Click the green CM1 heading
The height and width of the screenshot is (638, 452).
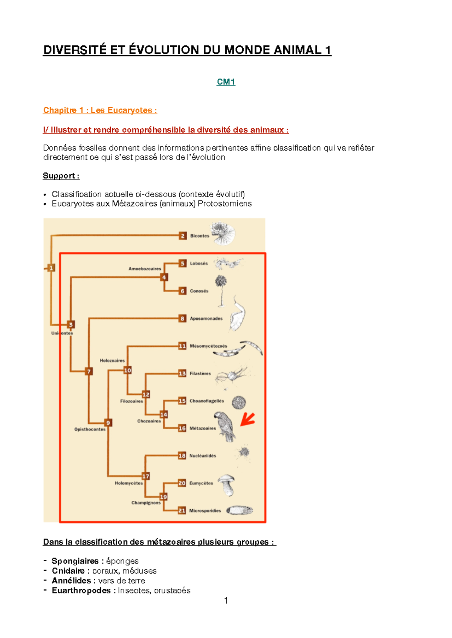tap(226, 82)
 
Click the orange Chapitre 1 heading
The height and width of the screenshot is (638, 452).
tap(100, 110)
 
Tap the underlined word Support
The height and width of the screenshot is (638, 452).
tap(59, 176)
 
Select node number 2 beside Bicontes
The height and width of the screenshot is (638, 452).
tap(183, 236)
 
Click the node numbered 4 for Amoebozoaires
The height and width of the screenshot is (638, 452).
tap(164, 277)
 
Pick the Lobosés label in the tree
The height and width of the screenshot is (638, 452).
tap(199, 264)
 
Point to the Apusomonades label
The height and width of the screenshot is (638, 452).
tap(206, 319)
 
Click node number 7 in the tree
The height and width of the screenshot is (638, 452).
tap(89, 371)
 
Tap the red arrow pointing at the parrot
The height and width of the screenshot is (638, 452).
tap(247, 419)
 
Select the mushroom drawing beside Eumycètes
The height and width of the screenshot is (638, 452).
tap(227, 485)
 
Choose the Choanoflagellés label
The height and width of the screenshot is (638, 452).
tap(207, 401)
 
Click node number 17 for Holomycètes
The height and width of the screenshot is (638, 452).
tap(146, 476)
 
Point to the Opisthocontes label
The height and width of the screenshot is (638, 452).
tap(90, 429)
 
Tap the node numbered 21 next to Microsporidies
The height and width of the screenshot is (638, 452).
tap(182, 510)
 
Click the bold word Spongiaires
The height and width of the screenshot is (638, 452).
tap(75, 561)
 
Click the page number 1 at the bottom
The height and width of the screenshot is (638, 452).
tap(226, 600)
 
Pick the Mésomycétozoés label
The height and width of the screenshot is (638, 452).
tap(208, 346)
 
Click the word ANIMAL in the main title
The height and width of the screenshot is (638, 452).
tap(298, 50)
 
